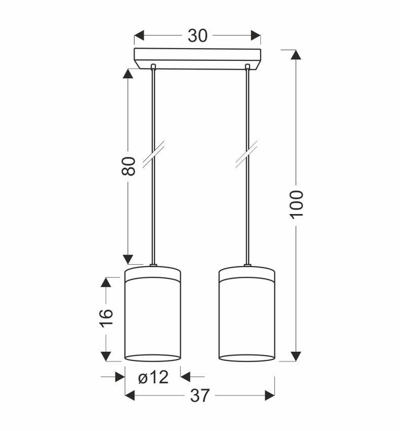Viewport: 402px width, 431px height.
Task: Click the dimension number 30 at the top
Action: coord(197,35)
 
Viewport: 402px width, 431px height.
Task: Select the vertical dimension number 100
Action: coord(297,204)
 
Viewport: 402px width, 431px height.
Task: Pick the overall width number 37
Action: coord(199,396)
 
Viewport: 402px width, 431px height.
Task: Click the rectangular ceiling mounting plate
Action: coord(197,58)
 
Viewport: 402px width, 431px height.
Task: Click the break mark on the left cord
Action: coord(152,155)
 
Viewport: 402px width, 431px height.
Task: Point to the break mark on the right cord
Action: coord(247,155)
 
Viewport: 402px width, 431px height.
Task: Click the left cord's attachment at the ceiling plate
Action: coord(152,66)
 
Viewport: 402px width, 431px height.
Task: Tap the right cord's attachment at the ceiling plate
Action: coord(247,66)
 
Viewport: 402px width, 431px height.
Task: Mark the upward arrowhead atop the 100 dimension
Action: coord(297,55)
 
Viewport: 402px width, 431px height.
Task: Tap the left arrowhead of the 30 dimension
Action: coord(139,35)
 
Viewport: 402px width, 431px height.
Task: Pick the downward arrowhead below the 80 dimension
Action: coord(129,259)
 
